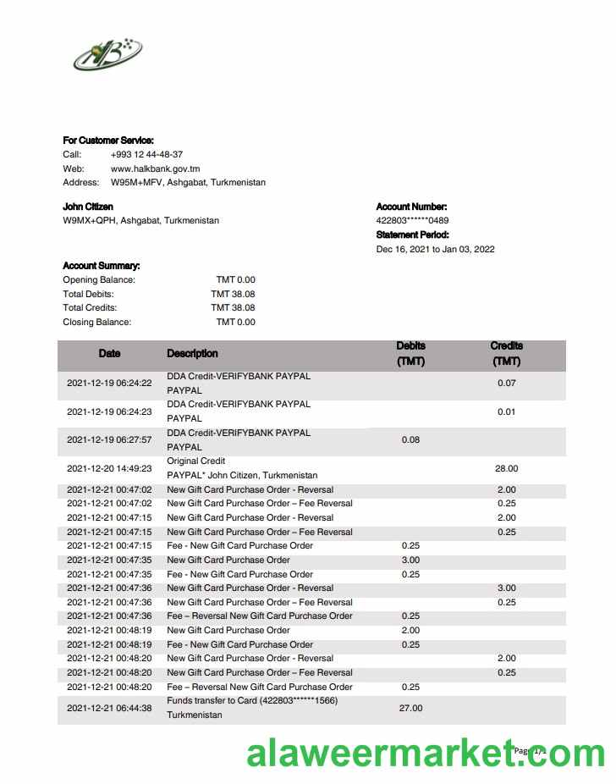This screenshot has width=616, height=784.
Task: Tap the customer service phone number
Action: pyautogui.click(x=146, y=154)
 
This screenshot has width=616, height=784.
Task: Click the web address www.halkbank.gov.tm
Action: pyautogui.click(x=155, y=168)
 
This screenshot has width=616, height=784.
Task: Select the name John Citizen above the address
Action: pyautogui.click(x=88, y=207)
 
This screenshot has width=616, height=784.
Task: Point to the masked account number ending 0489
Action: pyautogui.click(x=412, y=221)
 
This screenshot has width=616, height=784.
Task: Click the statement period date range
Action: pyautogui.click(x=435, y=249)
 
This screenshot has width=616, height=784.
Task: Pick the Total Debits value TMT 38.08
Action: pyautogui.click(x=233, y=294)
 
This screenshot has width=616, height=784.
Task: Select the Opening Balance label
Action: pyautogui.click(x=99, y=279)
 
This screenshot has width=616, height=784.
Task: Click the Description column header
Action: pyautogui.click(x=192, y=353)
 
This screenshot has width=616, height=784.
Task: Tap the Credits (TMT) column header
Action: pyautogui.click(x=506, y=354)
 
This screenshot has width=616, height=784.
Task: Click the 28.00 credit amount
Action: pyautogui.click(x=506, y=468)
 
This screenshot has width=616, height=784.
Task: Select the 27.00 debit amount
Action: pyautogui.click(x=410, y=708)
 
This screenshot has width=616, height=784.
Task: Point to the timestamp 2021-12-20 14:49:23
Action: pyautogui.click(x=109, y=468)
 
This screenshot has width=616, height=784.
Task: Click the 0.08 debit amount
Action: pyautogui.click(x=410, y=439)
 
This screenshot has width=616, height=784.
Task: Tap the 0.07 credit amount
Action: pyautogui.click(x=506, y=383)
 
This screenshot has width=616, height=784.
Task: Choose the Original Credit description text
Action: pyautogui.click(x=195, y=461)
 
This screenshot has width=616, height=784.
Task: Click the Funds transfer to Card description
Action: pyautogui.click(x=252, y=700)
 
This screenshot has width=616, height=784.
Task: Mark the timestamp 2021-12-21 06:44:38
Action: pyautogui.click(x=109, y=708)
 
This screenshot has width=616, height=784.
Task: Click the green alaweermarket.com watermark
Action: pyautogui.click(x=426, y=753)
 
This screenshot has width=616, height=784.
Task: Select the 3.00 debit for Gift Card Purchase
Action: pyautogui.click(x=410, y=560)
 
